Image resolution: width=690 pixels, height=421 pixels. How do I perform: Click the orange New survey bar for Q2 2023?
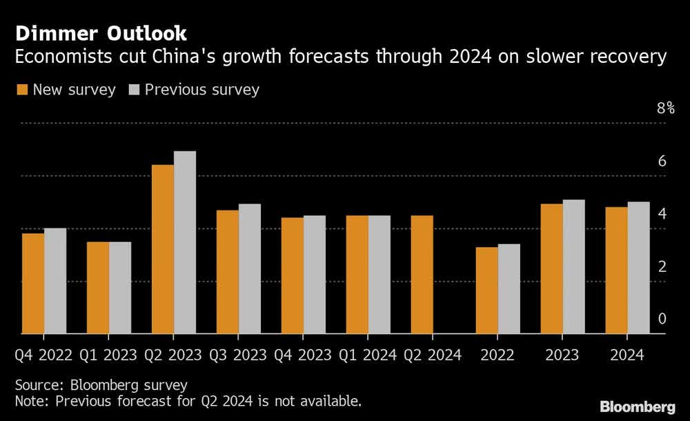(163, 249)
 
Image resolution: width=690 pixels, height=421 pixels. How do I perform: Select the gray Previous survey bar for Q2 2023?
(185, 242)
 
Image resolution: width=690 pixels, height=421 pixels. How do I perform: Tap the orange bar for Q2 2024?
(422, 275)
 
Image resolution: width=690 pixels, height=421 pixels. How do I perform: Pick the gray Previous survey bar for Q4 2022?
(55, 281)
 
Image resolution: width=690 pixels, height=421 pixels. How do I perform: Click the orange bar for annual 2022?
(486, 291)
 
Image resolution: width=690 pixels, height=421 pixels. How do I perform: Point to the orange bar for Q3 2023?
(228, 272)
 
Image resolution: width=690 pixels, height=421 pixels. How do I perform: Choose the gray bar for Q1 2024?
(379, 275)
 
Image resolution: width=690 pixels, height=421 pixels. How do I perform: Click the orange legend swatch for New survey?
(21, 90)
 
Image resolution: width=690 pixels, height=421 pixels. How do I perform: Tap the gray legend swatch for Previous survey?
(133, 90)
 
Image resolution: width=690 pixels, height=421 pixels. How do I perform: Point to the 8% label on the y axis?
(665, 108)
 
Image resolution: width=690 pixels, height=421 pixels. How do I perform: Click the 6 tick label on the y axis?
(662, 161)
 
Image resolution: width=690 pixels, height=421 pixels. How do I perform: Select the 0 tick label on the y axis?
(662, 318)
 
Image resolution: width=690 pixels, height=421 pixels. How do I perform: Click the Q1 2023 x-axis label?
(108, 355)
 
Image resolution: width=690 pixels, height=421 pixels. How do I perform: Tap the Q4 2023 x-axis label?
(303, 355)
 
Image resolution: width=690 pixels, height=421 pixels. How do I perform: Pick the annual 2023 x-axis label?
(562, 355)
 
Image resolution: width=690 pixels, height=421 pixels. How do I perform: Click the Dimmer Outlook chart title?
(101, 33)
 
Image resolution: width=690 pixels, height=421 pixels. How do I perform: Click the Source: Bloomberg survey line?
(101, 384)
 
